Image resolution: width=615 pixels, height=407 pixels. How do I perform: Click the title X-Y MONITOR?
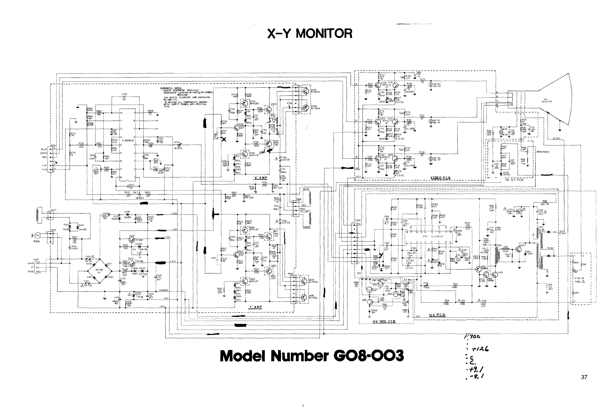point(310,34)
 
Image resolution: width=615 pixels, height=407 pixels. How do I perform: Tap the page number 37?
point(584,377)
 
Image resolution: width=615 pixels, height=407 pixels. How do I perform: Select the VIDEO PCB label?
point(440,178)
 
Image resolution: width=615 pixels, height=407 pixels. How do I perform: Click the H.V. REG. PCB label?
point(384,322)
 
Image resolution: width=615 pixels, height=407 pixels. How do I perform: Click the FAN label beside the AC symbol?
point(37,241)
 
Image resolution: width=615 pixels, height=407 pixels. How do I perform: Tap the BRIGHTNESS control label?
point(543,152)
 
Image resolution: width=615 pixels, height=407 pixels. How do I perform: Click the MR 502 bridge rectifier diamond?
point(100,271)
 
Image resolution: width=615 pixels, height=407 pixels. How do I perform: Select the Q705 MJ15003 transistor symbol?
point(305,91)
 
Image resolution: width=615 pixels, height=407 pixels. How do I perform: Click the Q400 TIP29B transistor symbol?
point(132,239)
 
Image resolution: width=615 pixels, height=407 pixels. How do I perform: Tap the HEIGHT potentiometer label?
point(140,198)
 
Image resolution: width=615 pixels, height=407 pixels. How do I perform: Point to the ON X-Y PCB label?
point(514,180)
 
